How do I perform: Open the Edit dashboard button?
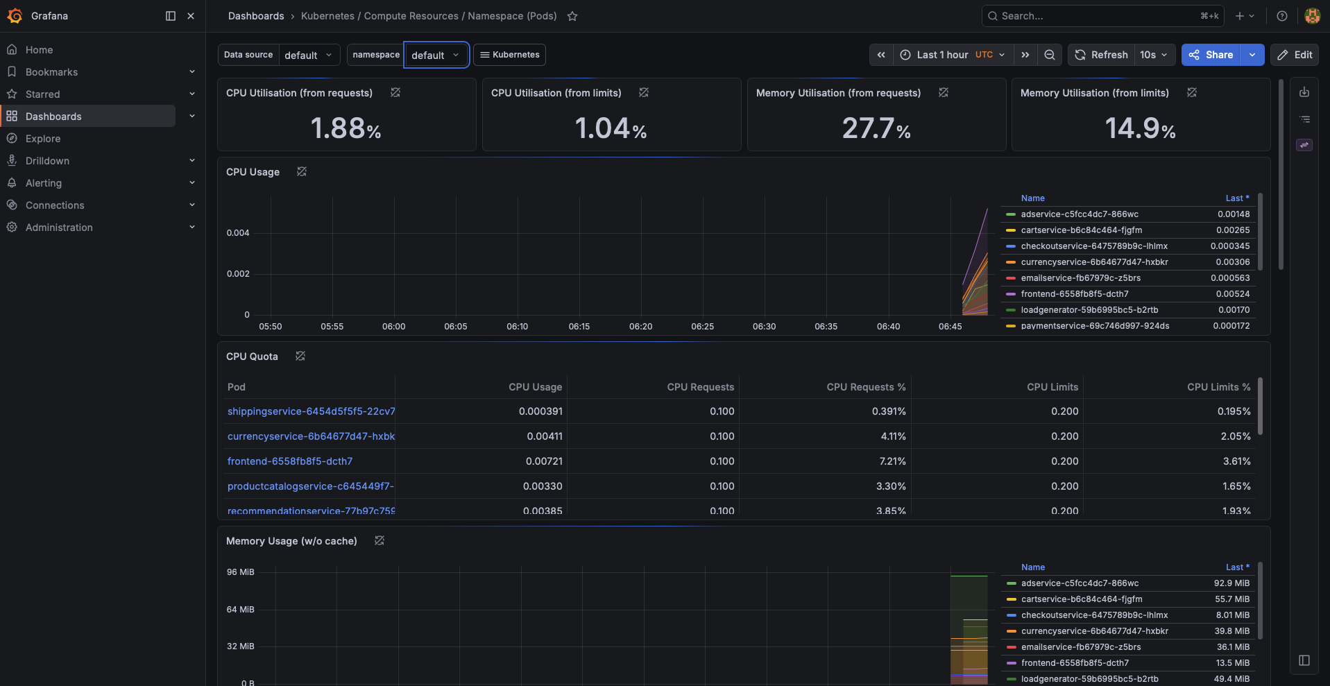click(1295, 55)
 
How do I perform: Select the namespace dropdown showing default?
click(436, 55)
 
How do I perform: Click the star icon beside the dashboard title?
click(572, 16)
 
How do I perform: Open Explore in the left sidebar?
click(43, 139)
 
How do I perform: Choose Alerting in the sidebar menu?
click(44, 183)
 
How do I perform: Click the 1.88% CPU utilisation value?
click(346, 128)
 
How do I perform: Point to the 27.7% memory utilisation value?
click(876, 128)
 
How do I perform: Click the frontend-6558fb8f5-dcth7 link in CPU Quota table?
click(290, 461)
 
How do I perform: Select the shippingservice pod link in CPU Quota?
click(312, 411)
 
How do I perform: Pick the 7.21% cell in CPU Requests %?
click(893, 461)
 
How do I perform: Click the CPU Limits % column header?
click(1218, 387)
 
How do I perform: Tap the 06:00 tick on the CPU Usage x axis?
click(394, 327)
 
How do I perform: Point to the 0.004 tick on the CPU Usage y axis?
click(238, 233)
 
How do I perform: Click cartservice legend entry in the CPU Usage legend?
click(1081, 230)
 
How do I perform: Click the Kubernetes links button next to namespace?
click(509, 55)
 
